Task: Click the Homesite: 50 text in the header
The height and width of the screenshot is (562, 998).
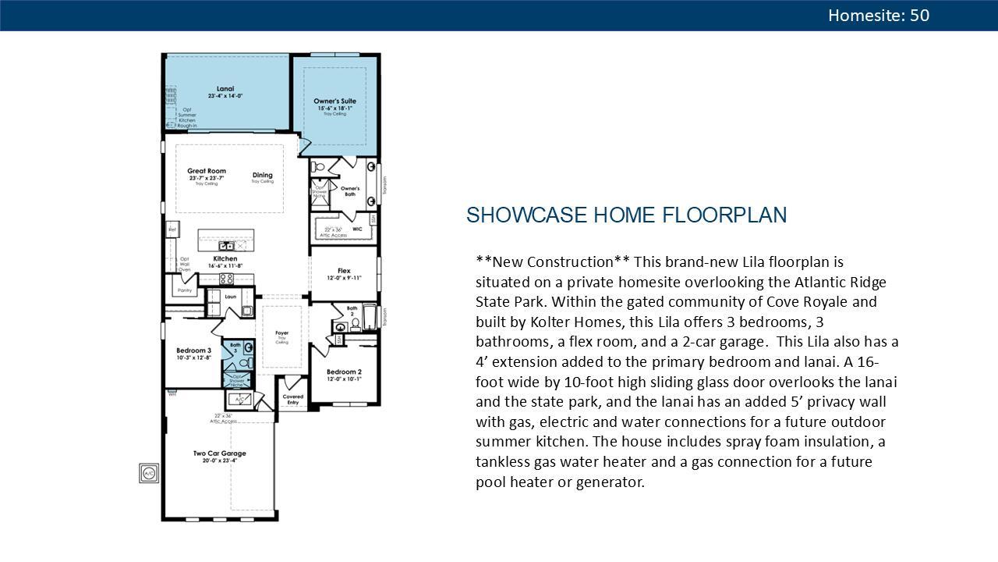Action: pos(879,16)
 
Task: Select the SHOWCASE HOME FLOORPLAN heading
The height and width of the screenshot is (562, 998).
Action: pos(626,215)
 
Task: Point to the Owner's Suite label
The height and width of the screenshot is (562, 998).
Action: pos(335,101)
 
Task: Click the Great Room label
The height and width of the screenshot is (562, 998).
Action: pos(207,171)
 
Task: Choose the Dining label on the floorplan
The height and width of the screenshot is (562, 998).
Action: pos(263,175)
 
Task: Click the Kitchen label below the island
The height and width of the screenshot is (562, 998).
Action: pos(225,258)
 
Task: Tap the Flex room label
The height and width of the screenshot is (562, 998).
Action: pos(344,271)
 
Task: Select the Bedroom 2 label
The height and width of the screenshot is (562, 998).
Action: pos(344,372)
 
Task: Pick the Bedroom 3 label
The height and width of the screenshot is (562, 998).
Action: pos(193,350)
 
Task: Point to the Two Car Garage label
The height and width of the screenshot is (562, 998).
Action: pos(220,454)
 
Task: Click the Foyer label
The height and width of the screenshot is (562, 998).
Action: pos(281,333)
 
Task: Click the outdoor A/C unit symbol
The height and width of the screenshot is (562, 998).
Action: pos(149,473)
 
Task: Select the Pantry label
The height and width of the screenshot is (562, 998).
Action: pos(185,290)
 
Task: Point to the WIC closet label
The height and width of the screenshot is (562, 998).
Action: pos(357,229)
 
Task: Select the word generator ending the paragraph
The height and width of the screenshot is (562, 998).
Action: pos(610,482)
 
